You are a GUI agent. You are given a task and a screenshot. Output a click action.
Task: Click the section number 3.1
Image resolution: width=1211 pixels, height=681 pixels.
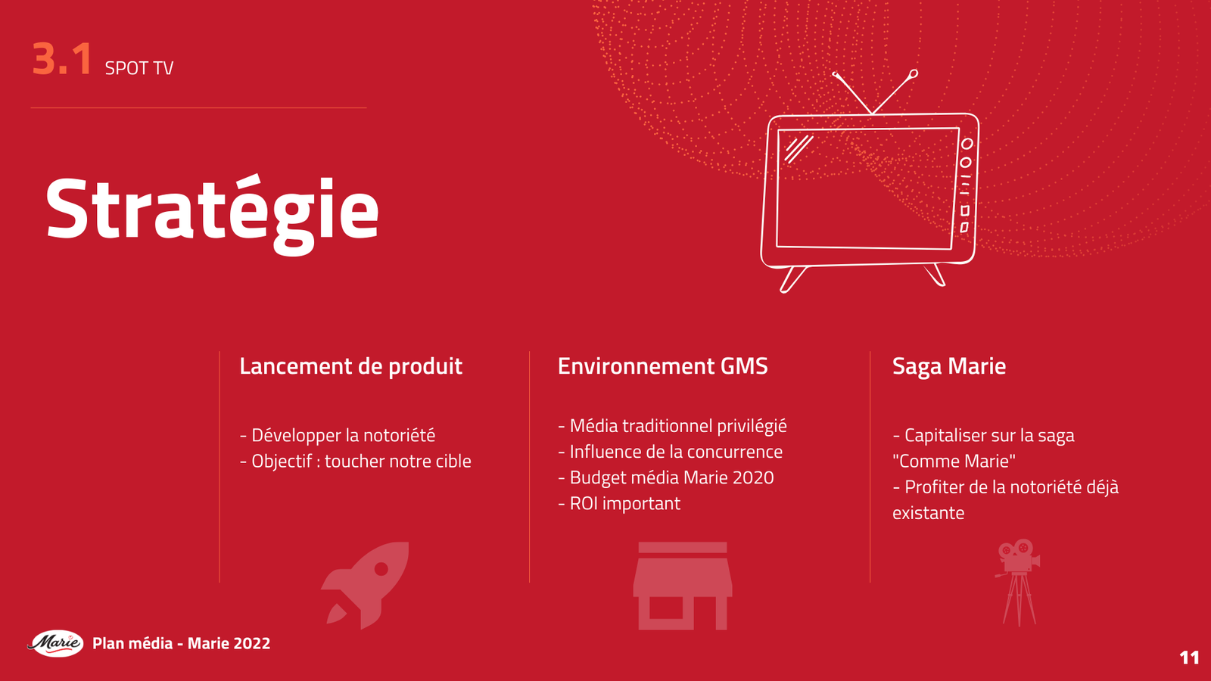tap(62, 59)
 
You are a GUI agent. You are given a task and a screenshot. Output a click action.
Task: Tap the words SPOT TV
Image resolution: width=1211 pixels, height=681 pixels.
tap(139, 68)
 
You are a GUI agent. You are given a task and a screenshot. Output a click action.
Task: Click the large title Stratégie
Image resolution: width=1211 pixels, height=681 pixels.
tap(212, 210)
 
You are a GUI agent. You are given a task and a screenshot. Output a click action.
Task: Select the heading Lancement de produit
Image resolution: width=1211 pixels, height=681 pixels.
tap(350, 366)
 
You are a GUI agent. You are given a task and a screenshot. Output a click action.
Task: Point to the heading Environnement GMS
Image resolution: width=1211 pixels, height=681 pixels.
tap(662, 366)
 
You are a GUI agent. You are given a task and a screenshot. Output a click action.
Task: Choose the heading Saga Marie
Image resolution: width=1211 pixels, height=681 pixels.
tap(948, 366)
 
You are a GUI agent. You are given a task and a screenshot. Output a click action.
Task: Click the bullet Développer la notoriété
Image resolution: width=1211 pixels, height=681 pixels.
tap(338, 435)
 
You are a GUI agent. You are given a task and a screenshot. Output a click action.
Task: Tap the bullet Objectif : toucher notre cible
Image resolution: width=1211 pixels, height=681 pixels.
tap(356, 461)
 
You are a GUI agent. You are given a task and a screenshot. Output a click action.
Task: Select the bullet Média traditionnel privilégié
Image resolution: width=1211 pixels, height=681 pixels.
tap(673, 426)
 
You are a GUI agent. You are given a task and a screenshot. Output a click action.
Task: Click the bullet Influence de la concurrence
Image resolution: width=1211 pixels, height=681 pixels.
tap(671, 452)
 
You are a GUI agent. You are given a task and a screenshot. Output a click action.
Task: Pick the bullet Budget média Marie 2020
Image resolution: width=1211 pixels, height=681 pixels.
tap(666, 477)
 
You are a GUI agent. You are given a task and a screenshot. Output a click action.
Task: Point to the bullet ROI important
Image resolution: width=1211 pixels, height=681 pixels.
tap(619, 503)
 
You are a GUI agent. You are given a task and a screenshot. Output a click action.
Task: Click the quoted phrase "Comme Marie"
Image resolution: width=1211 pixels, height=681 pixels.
tap(954, 461)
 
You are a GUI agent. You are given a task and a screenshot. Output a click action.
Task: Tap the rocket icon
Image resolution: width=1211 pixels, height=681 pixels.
tap(367, 583)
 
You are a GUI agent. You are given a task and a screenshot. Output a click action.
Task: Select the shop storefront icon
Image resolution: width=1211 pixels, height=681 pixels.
tap(682, 586)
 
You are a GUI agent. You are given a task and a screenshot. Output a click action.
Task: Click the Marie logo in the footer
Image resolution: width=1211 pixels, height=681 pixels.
tap(56, 643)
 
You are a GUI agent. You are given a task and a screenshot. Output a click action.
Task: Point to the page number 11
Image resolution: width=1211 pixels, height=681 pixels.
tap(1189, 658)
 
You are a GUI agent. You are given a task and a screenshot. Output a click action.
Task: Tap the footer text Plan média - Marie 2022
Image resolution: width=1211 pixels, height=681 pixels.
tap(182, 643)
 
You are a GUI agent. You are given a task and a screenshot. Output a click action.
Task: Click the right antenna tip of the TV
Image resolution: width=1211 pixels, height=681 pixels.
tap(914, 73)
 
